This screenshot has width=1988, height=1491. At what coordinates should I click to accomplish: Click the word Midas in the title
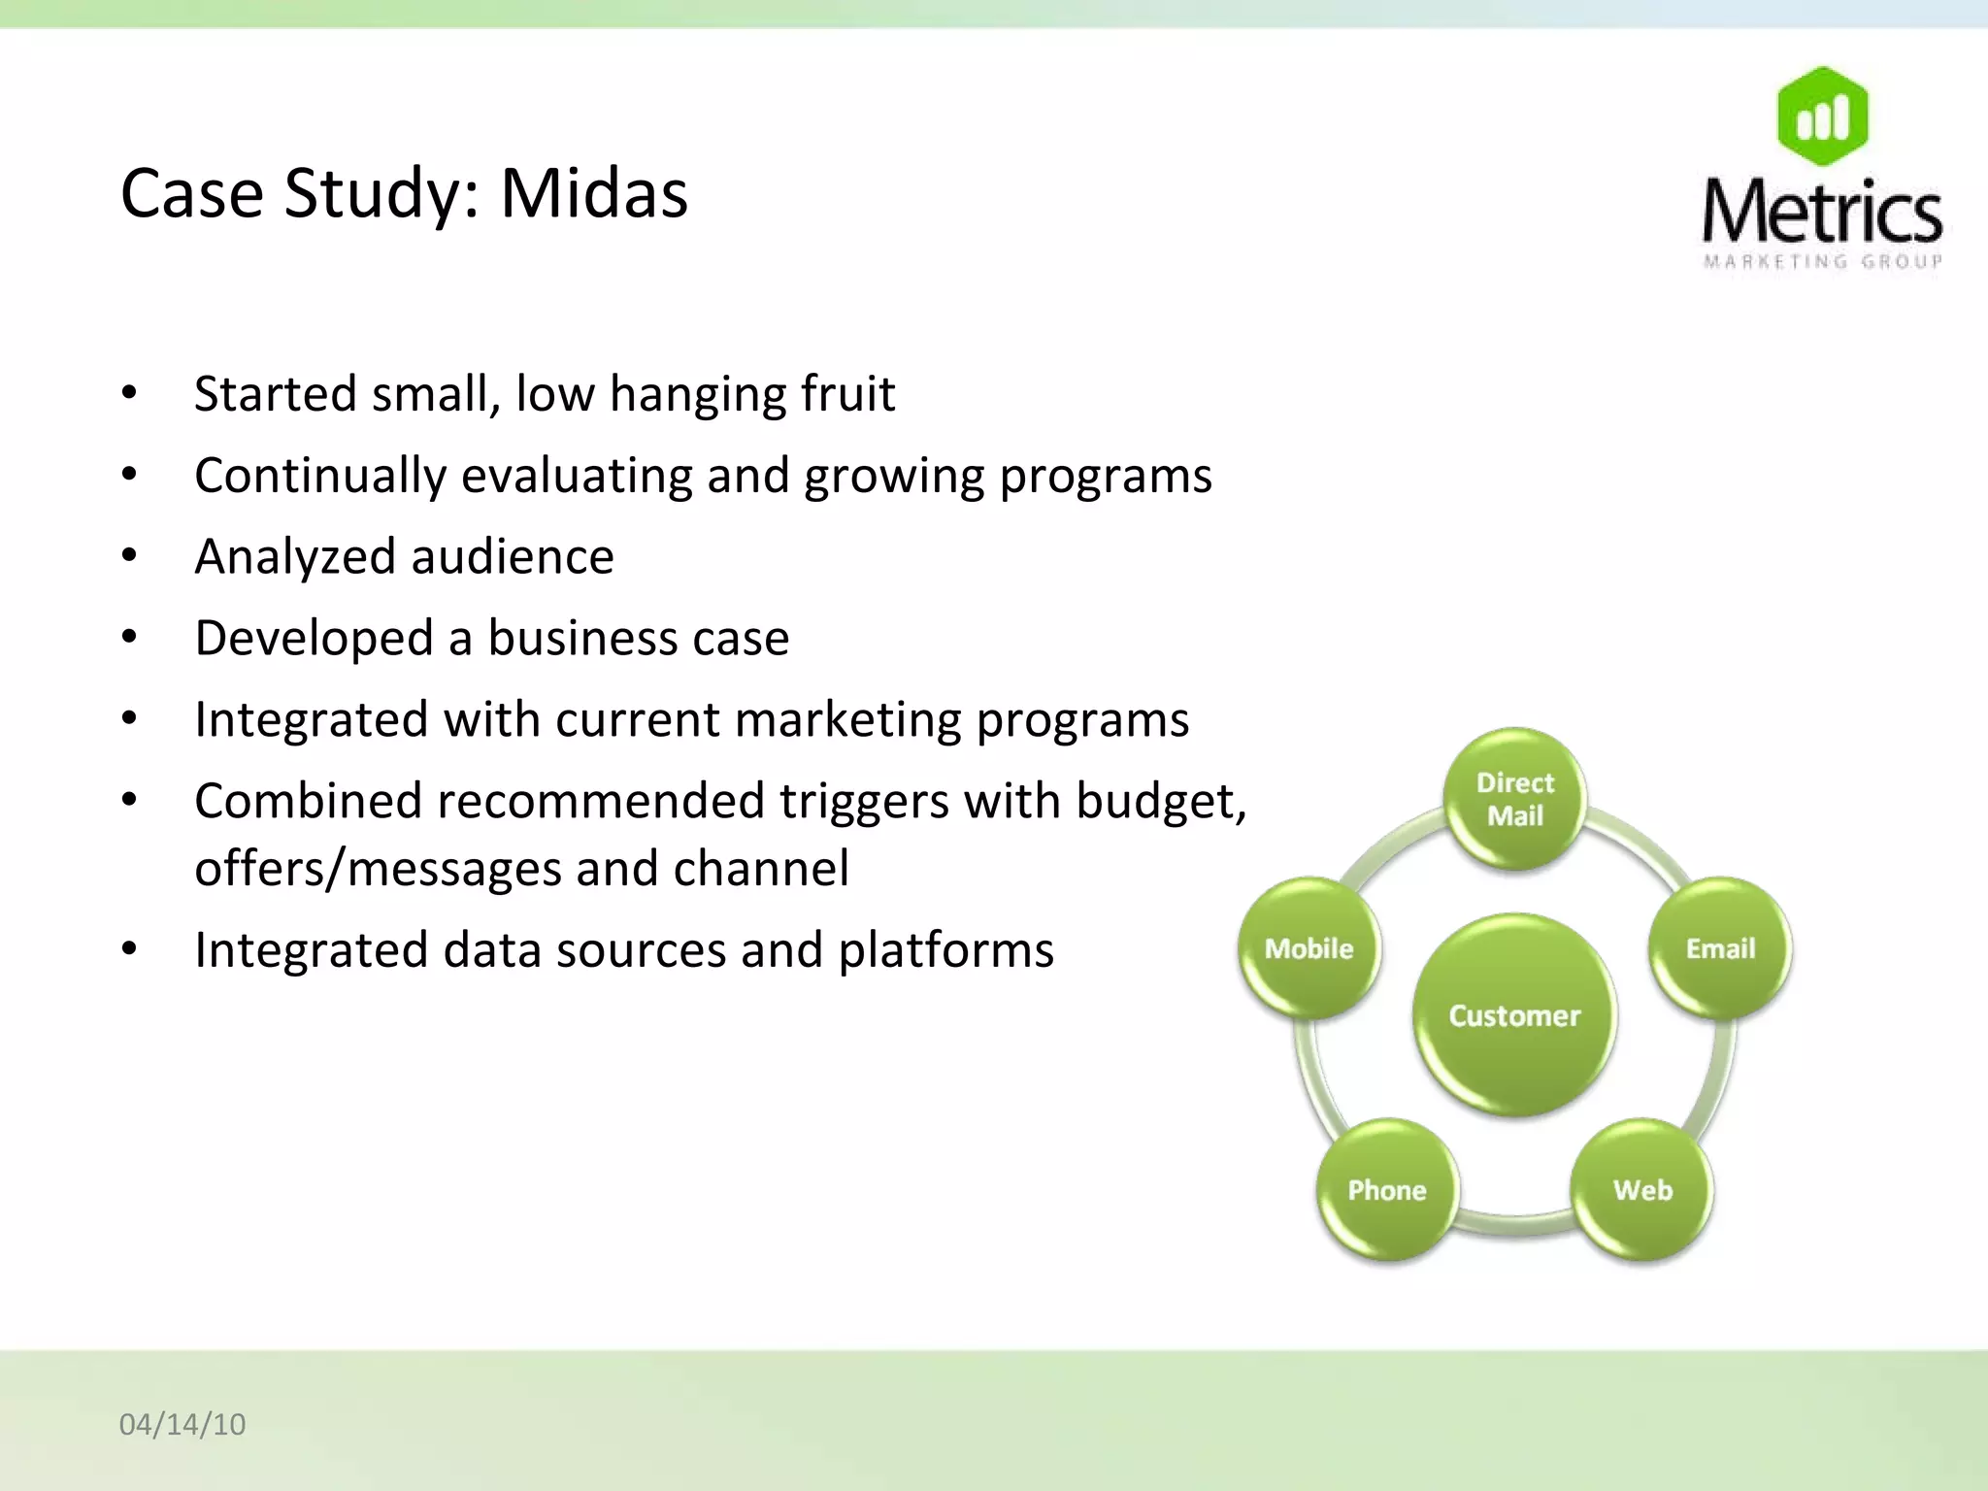593,193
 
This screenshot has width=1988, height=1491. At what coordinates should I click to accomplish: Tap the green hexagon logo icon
1822,116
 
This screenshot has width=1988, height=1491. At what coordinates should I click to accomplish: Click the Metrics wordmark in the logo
1822,211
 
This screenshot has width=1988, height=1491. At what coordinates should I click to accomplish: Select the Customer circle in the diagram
1514,1015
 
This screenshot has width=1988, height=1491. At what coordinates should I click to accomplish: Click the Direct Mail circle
1514,798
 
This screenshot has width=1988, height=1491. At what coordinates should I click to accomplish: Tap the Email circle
1720,948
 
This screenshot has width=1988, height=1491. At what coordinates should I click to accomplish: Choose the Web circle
1642,1190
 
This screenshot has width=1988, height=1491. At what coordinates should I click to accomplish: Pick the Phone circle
1387,1190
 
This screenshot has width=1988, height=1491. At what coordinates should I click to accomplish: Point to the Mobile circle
1309,948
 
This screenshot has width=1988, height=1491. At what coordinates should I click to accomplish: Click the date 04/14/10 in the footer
182,1424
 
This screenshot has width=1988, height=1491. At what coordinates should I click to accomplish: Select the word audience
513,557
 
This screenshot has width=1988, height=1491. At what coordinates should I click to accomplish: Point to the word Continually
320,477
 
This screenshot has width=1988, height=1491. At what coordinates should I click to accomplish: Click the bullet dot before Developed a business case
129,638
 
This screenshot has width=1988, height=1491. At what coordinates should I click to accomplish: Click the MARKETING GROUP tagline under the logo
1822,261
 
